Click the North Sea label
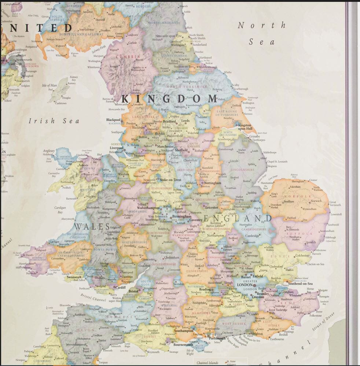click(x=261, y=33)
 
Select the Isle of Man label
click(x=49, y=85)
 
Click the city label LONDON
click(x=245, y=285)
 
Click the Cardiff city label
click(x=121, y=287)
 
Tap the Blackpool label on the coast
click(x=113, y=120)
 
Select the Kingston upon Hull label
click(x=245, y=127)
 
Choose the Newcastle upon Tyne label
click(x=169, y=36)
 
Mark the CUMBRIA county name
click(x=128, y=57)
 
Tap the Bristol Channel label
click(x=93, y=298)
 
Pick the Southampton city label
click(x=183, y=330)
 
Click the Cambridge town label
click(x=252, y=236)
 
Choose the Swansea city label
click(x=73, y=277)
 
